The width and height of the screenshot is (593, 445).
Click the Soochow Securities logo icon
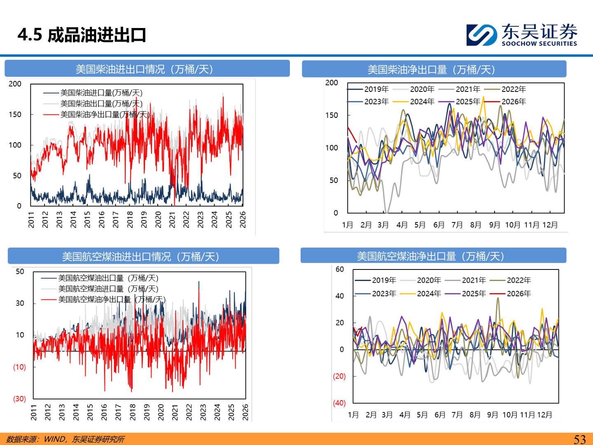coord(481,35)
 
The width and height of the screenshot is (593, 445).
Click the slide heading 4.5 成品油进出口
coord(82,35)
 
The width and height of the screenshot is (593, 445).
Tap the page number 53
coord(579,439)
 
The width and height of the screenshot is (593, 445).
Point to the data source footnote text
coord(65,439)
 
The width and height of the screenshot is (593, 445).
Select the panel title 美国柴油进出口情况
coord(144,69)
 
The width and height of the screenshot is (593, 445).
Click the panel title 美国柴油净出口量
coord(431,69)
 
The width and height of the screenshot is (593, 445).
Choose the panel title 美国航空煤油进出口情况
coord(140,257)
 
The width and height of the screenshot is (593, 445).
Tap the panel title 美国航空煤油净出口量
coord(431,256)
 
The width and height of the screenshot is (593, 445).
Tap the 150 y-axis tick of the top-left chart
coord(15,114)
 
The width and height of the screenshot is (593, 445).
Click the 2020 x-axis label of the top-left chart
coord(158,219)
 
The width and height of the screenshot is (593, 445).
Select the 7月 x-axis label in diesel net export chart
coord(457,225)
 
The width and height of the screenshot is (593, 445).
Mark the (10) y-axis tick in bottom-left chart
coord(19,367)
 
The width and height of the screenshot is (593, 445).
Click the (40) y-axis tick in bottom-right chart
coord(339,403)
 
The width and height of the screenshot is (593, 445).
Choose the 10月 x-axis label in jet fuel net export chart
coord(510,415)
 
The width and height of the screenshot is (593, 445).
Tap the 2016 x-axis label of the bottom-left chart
coord(104,412)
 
